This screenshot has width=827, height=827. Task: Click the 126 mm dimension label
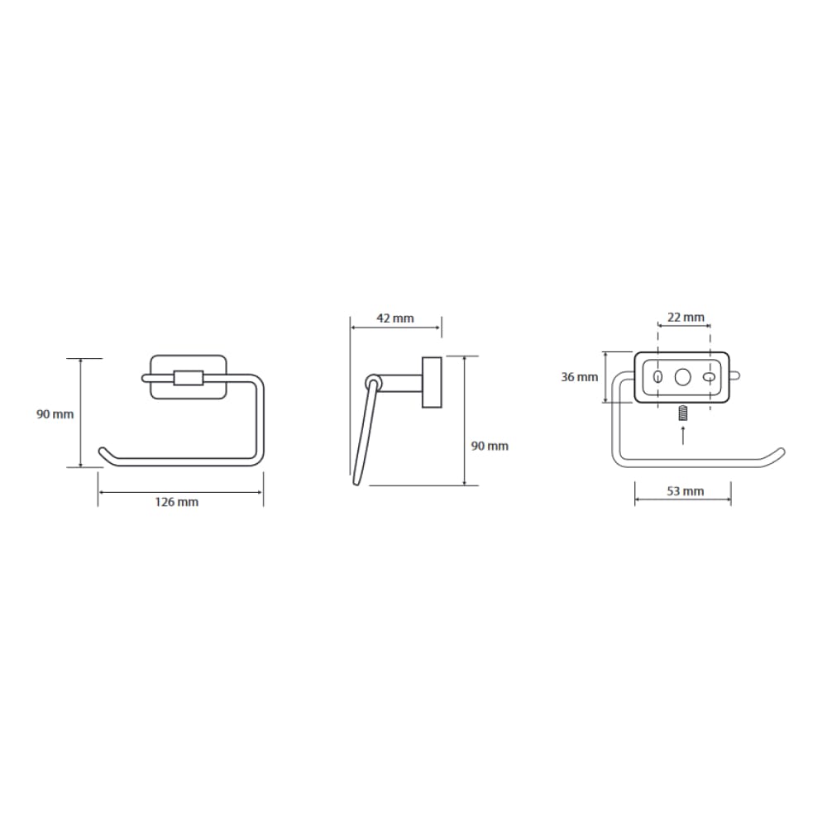click(x=177, y=502)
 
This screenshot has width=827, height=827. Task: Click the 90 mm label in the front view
click(x=55, y=414)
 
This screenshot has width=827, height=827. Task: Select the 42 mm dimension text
click(x=395, y=318)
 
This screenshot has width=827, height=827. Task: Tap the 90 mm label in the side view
click(x=490, y=447)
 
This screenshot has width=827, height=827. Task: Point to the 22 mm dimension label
click(x=686, y=318)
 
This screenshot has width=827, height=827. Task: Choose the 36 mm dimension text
click(x=579, y=377)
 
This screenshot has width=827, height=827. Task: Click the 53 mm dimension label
click(x=685, y=491)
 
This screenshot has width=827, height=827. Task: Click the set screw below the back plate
click(x=683, y=413)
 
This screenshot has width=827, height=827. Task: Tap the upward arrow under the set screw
click(x=683, y=435)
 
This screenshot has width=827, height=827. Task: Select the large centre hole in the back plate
click(x=683, y=377)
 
